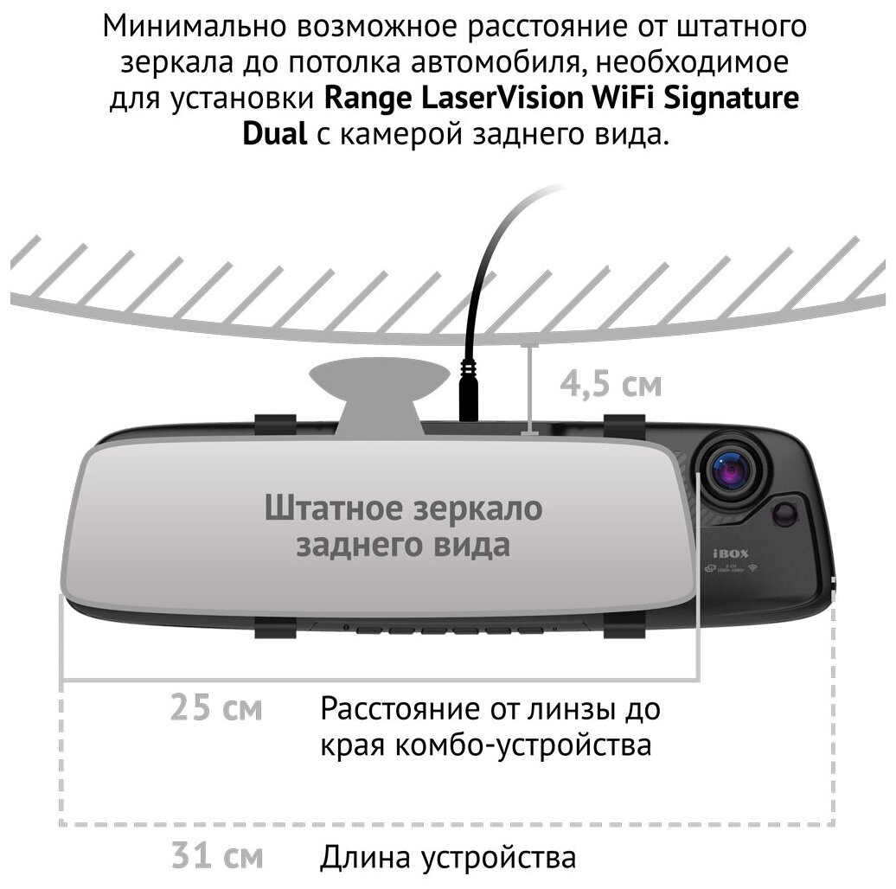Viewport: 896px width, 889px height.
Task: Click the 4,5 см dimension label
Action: point(610,384)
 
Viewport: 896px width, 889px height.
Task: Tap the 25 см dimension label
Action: point(216,709)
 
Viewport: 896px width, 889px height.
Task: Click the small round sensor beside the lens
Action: point(785,513)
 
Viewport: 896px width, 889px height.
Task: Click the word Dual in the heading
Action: point(273,135)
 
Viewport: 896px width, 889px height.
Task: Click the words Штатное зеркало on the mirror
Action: point(403,508)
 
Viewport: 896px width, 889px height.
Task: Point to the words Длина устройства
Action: point(447,858)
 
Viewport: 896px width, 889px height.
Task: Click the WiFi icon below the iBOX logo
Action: point(752,567)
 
